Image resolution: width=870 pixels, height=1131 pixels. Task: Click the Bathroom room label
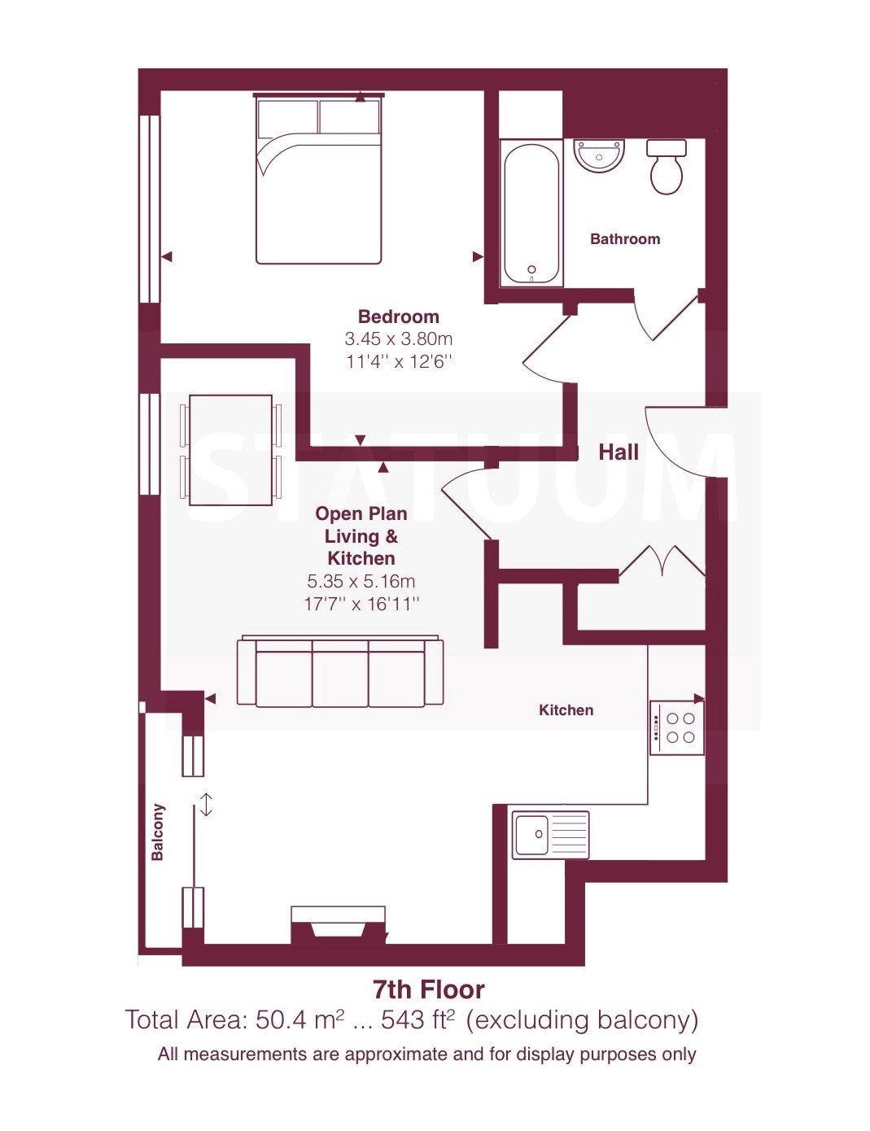pyautogui.click(x=625, y=239)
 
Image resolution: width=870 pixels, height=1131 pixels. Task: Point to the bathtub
pyautogui.click(x=531, y=212)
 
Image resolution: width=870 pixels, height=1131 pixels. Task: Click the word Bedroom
pyautogui.click(x=399, y=317)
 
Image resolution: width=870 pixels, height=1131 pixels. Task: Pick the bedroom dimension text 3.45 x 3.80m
pyautogui.click(x=399, y=339)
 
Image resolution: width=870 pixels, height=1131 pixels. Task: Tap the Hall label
pyautogui.click(x=619, y=452)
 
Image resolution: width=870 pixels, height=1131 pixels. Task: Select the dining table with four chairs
pyautogui.click(x=230, y=450)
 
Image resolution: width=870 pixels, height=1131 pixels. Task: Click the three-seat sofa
pyautogui.click(x=340, y=671)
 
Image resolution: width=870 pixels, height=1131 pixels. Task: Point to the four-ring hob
pyautogui.click(x=677, y=727)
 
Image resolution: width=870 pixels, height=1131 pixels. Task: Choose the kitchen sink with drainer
pyautogui.click(x=550, y=835)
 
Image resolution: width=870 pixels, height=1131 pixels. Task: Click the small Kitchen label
pyautogui.click(x=566, y=710)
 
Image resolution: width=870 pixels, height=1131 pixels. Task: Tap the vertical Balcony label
pyautogui.click(x=158, y=832)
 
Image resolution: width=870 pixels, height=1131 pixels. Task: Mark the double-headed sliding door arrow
pyautogui.click(x=207, y=805)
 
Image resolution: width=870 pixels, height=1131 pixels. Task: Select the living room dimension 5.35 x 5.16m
pyautogui.click(x=361, y=581)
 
